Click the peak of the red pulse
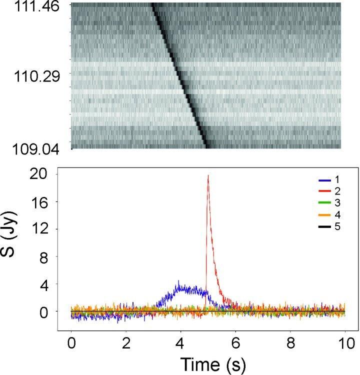point(207,175)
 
